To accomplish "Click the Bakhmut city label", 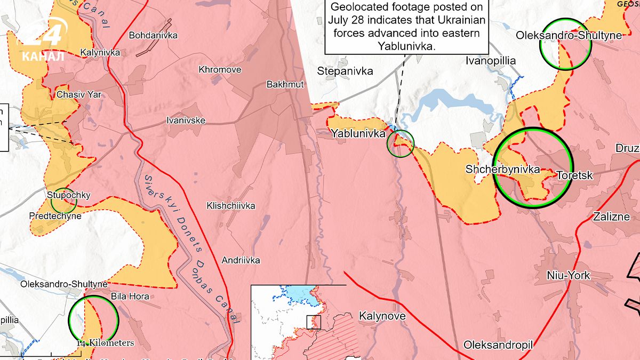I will pos(285,84).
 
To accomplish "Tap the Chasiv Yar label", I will pos(79,95).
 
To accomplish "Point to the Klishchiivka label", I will pos(231,206).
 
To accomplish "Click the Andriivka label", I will pos(241,260).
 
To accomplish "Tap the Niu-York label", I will pos(569,276).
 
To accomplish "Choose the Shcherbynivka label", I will pos(502,170).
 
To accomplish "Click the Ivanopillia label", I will pos(491,61).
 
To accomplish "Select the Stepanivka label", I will pos(345,71).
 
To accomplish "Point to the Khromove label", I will pos(220,70).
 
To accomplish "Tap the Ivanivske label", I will pos(186,121).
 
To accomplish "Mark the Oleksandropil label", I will pos(498,345).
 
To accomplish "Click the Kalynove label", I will pos(382,316).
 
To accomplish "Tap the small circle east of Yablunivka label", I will pos(400,144).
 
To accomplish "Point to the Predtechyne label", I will pos(56,216).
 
